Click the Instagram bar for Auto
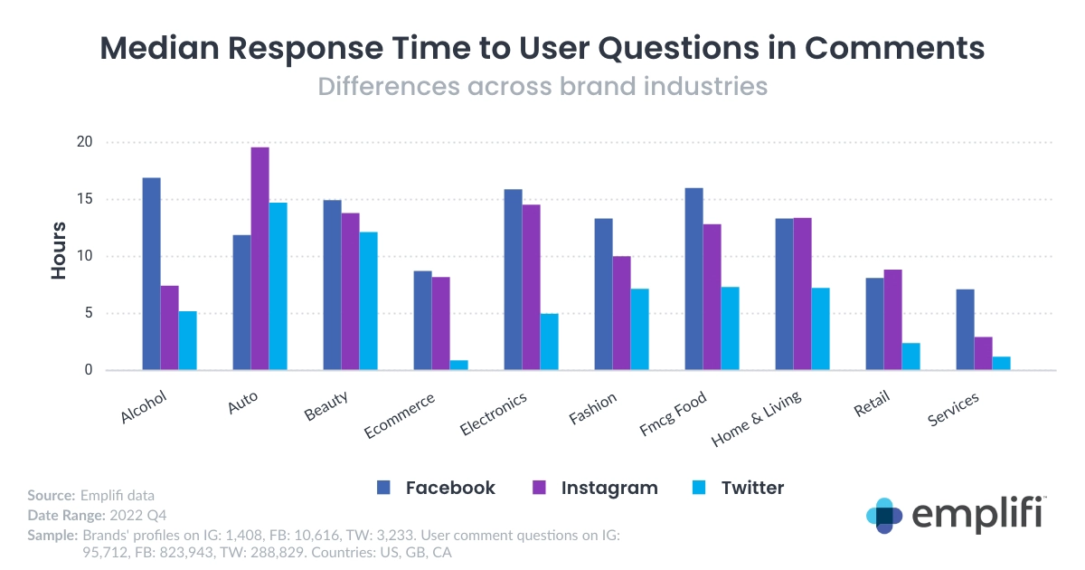pyautogui.click(x=259, y=259)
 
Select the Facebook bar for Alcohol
pyautogui.click(x=151, y=274)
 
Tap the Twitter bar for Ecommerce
pyautogui.click(x=458, y=366)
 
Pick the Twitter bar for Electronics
pyautogui.click(x=549, y=342)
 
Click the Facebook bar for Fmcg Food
pyautogui.click(x=693, y=279)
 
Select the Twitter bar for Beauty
pyautogui.click(x=368, y=301)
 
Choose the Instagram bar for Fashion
pyautogui.click(x=621, y=313)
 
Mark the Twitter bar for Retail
pyautogui.click(x=910, y=356)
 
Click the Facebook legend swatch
pyautogui.click(x=383, y=488)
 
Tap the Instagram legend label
pyautogui.click(x=609, y=488)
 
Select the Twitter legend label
pyautogui.click(x=752, y=488)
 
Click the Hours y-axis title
pyautogui.click(x=59, y=250)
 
